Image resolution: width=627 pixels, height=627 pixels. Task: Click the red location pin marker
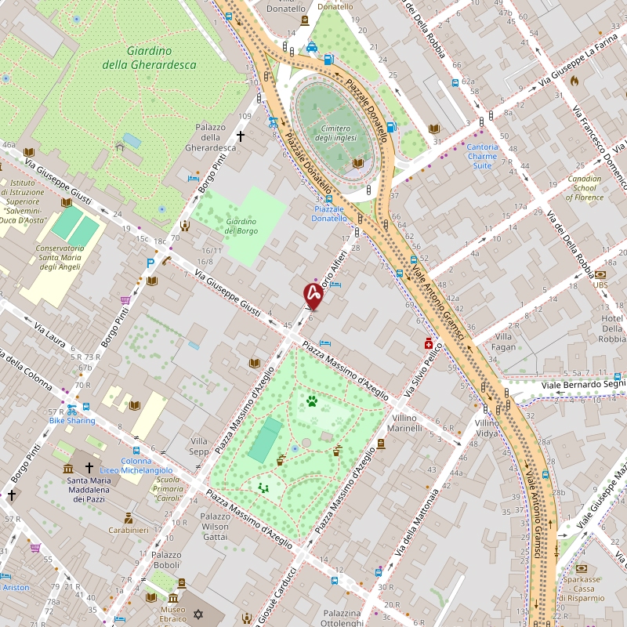click(x=313, y=295)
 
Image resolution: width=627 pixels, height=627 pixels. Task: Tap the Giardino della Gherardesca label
click(x=149, y=57)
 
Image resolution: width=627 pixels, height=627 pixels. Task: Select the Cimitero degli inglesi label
click(x=335, y=133)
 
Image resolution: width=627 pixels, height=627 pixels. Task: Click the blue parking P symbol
click(x=150, y=264)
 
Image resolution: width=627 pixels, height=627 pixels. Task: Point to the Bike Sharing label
click(x=72, y=420)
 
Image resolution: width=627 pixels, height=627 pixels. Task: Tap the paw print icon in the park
click(x=312, y=401)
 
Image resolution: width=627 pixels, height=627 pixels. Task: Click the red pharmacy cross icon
click(x=428, y=343)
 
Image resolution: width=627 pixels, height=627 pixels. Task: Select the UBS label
click(x=600, y=285)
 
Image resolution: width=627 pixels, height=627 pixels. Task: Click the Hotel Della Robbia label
click(x=612, y=328)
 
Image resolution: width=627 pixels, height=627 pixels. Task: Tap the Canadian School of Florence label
click(x=585, y=188)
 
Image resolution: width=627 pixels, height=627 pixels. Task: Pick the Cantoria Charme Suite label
click(x=482, y=156)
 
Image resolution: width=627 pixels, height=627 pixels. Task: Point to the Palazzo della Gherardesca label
click(x=210, y=137)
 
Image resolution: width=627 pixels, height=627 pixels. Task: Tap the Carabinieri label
click(x=129, y=530)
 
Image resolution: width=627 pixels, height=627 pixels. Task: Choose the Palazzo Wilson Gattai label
click(x=216, y=527)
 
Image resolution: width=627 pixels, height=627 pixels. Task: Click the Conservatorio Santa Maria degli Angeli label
click(x=60, y=257)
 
